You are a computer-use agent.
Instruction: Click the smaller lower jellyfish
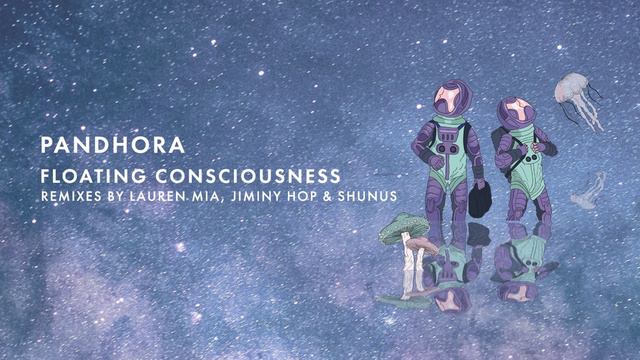coord(592,187)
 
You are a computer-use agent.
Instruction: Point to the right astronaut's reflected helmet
coord(519,290)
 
